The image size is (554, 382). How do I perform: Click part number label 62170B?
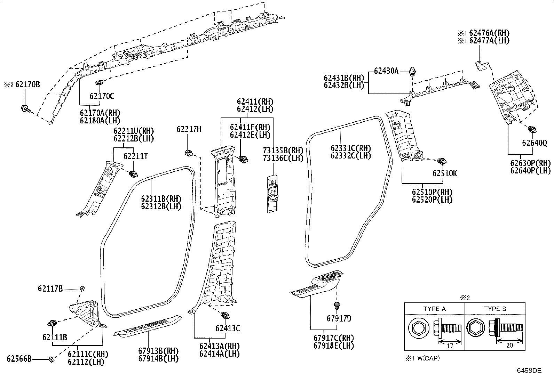pyautogui.click(x=27, y=84)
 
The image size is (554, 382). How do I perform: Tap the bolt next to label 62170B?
pyautogui.click(x=25, y=108)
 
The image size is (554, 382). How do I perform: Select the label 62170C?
pyautogui.click(x=102, y=96)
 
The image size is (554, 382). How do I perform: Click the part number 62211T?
pyautogui.click(x=135, y=156)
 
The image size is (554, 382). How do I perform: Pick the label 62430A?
pyautogui.click(x=386, y=71)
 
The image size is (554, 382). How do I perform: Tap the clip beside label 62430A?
pyautogui.click(x=412, y=71)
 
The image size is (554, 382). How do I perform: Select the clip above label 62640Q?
pyautogui.click(x=532, y=129)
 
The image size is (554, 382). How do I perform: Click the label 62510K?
pyautogui.click(x=445, y=173)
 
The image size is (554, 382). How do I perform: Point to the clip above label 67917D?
pyautogui.click(x=337, y=306)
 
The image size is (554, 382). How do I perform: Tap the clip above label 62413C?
pyautogui.click(x=225, y=316)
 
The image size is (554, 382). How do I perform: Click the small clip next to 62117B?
pyautogui.click(x=82, y=288)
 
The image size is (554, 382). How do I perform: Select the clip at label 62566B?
pyautogui.click(x=51, y=359)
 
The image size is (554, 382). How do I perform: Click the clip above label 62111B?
pyautogui.click(x=52, y=323)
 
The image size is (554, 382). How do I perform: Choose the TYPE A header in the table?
pyautogui.click(x=435, y=309)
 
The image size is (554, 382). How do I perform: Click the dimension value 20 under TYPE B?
pyautogui.click(x=509, y=346)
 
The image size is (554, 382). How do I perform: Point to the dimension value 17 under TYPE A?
pyautogui.click(x=450, y=346)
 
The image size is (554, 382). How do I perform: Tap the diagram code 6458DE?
pyautogui.click(x=529, y=371)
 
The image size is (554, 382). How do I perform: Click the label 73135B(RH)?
pyautogui.click(x=283, y=150)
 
